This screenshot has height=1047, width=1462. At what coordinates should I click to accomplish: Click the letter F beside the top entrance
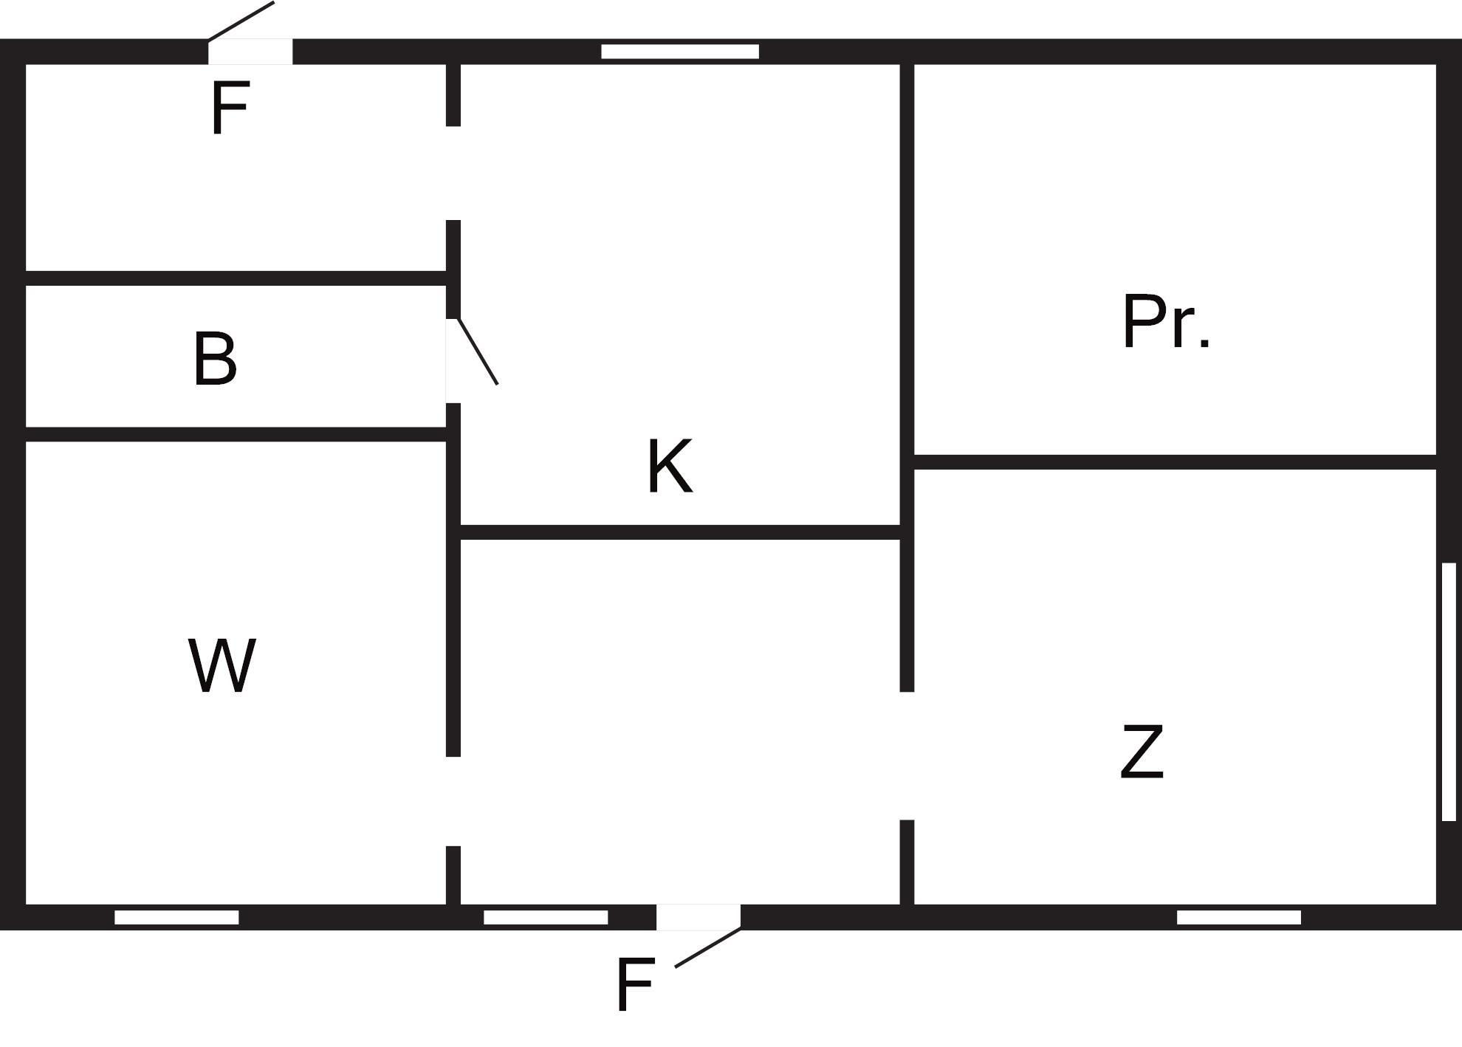(230, 108)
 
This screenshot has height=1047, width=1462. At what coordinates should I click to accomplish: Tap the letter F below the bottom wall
(635, 985)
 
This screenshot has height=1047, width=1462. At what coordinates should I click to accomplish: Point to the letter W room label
(222, 665)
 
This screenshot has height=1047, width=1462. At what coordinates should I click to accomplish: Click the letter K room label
(670, 466)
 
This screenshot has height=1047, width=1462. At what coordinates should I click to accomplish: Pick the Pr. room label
(1166, 321)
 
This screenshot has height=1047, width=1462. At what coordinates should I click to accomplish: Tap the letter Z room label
(1142, 752)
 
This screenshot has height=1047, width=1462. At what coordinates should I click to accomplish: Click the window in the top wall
(680, 52)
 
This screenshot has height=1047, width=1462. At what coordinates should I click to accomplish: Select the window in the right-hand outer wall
(1449, 691)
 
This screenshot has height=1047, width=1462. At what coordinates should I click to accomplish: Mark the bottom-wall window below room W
(176, 917)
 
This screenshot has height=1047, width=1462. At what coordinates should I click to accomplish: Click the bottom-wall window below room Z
(1239, 917)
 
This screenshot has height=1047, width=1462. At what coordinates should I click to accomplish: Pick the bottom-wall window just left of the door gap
(546, 917)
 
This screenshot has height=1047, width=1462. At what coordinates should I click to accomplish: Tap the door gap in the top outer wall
(250, 52)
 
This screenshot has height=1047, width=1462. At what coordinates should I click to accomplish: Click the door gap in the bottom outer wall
(699, 917)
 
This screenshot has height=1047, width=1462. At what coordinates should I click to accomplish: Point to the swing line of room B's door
(478, 351)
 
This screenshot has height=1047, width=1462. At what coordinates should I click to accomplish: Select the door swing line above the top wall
(241, 21)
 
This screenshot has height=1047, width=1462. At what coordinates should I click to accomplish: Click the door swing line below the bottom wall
(707, 947)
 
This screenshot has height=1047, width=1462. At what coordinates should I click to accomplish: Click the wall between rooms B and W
(236, 434)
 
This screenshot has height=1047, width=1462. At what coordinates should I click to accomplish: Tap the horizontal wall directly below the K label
(680, 532)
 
